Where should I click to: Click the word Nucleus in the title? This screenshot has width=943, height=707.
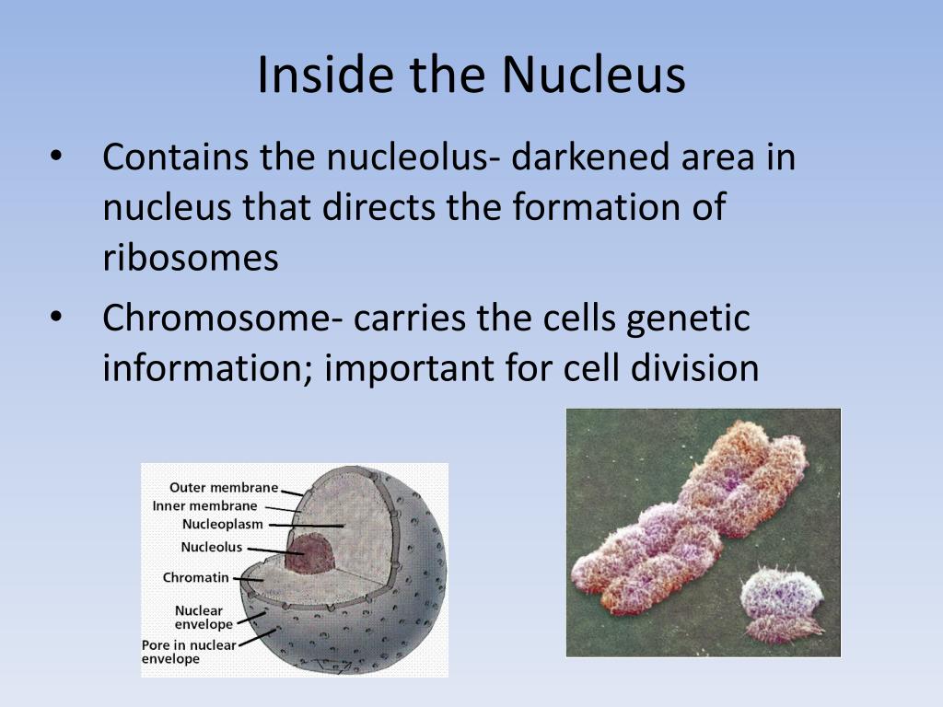(x=593, y=75)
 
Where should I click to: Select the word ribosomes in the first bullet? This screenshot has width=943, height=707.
(x=191, y=258)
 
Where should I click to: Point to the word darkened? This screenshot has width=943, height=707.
(x=590, y=156)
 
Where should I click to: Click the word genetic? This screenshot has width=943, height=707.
(x=688, y=319)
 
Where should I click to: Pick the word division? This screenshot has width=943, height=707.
(x=694, y=367)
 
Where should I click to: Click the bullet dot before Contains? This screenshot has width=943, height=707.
(x=56, y=156)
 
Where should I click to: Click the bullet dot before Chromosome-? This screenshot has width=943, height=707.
(x=56, y=318)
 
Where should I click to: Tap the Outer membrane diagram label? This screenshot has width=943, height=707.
(x=224, y=488)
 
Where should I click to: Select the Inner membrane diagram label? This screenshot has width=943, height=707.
(x=204, y=505)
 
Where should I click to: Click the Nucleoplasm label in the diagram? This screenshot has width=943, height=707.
(x=223, y=524)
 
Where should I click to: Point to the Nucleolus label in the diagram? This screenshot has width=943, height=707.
(x=212, y=547)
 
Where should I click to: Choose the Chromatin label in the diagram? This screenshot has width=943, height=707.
(x=195, y=578)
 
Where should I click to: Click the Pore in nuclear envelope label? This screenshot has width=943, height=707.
(x=189, y=652)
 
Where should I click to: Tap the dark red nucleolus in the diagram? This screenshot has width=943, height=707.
(x=309, y=553)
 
